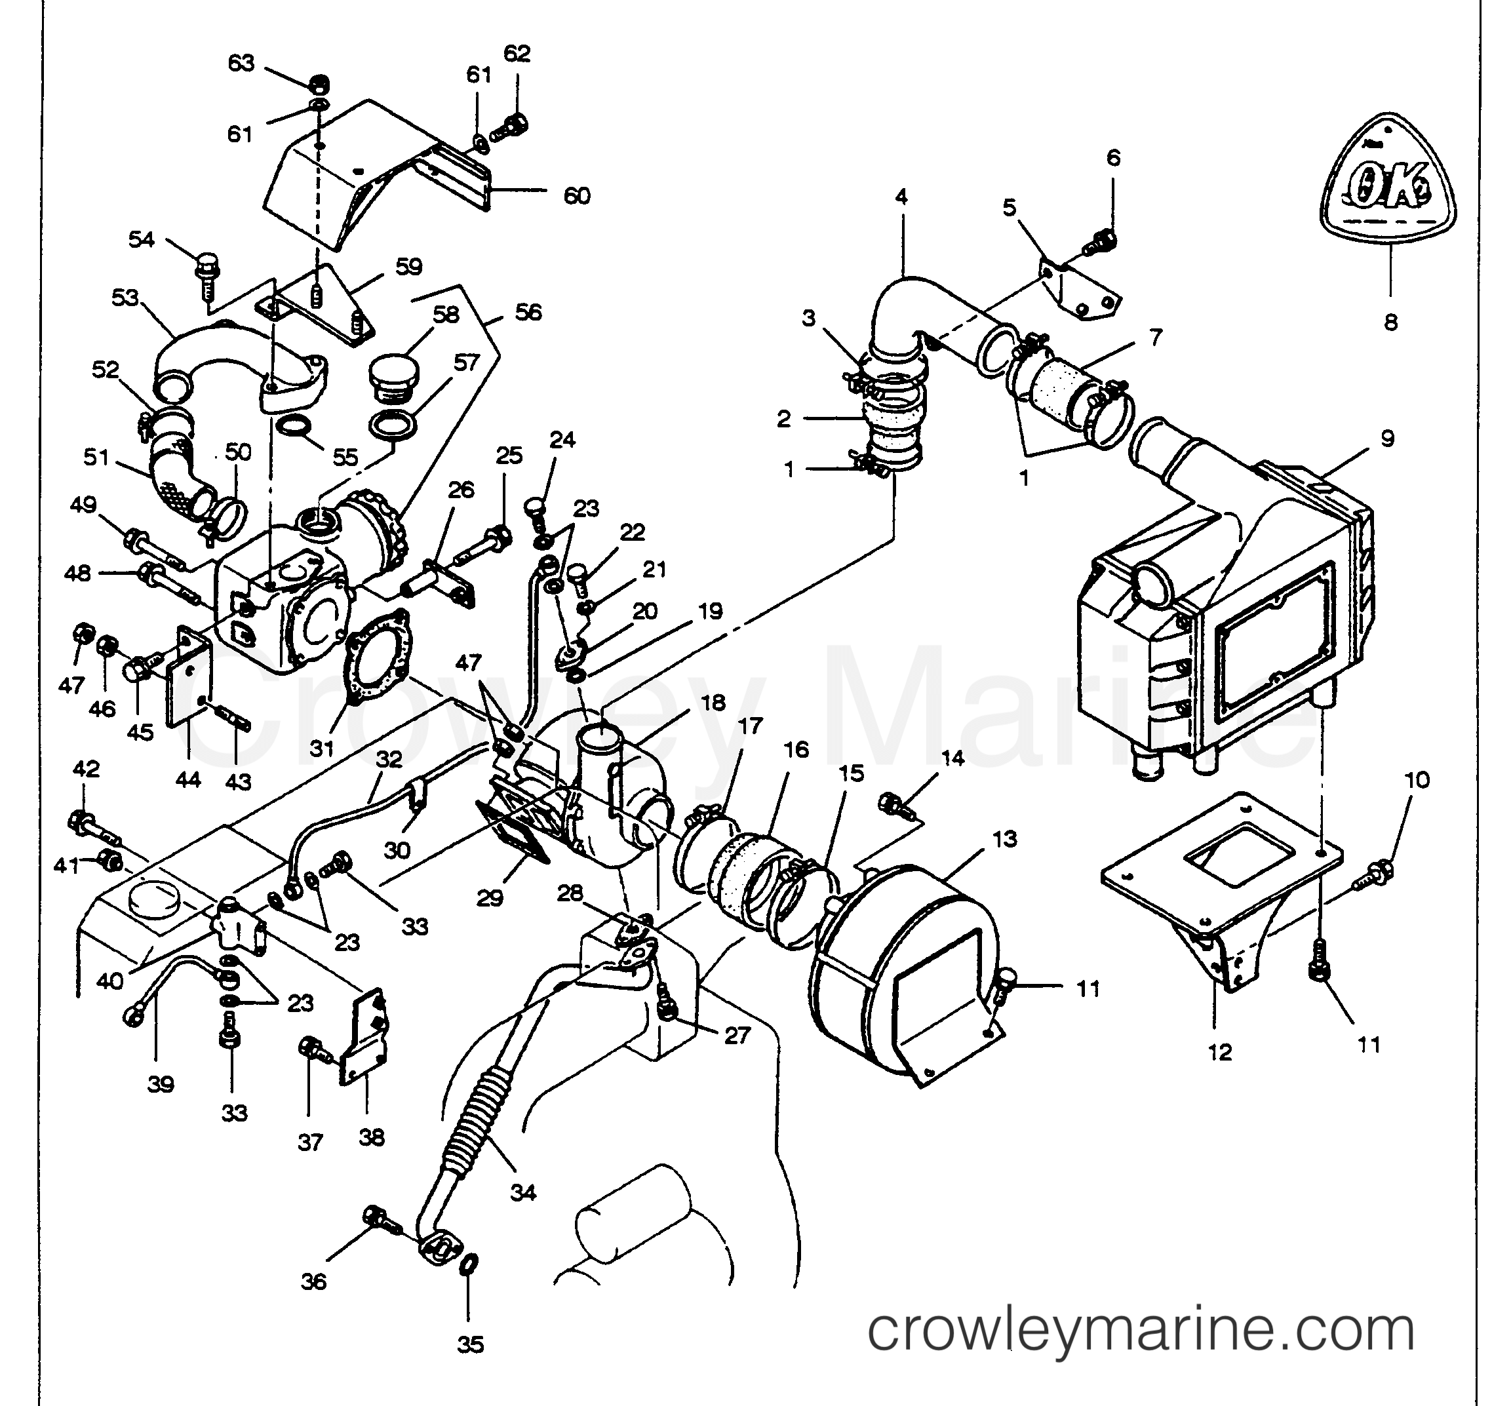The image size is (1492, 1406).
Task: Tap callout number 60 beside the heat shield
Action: (576, 197)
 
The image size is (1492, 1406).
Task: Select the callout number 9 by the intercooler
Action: (1387, 439)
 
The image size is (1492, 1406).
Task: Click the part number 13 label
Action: (1004, 840)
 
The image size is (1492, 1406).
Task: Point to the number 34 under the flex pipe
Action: (523, 1192)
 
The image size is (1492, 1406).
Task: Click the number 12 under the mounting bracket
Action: (1221, 1053)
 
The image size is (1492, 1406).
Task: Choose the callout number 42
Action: (86, 770)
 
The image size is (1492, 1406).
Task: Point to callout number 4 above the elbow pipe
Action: (901, 197)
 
